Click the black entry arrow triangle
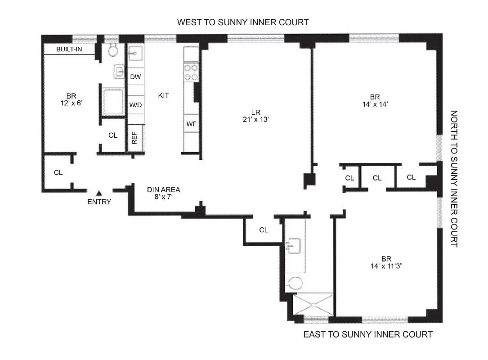click(x=99, y=193)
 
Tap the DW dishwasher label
click(x=135, y=77)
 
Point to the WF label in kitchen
click(x=191, y=124)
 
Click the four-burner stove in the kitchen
click(x=191, y=72)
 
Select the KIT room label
click(x=164, y=95)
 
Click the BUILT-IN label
click(x=69, y=49)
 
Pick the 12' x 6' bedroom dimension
click(x=71, y=103)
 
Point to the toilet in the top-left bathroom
click(x=112, y=50)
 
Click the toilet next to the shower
click(x=295, y=283)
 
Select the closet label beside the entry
click(x=58, y=172)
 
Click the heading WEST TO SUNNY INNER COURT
click(x=243, y=22)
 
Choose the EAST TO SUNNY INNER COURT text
click(x=367, y=334)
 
